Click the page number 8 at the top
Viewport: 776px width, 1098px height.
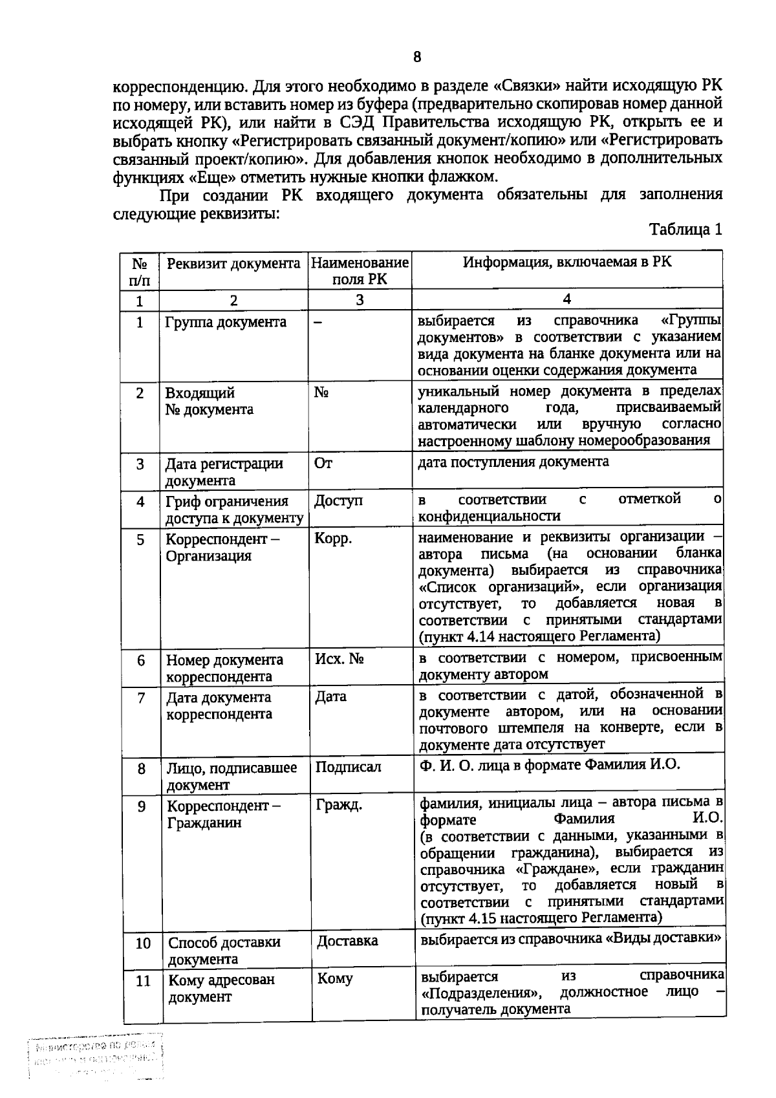(x=417, y=57)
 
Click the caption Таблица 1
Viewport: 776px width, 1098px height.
(x=685, y=230)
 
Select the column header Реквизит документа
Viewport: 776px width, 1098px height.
(x=233, y=263)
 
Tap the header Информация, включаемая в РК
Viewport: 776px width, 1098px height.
(x=567, y=261)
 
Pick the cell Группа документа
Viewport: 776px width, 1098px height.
(x=226, y=322)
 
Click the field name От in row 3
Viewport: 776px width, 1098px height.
(x=323, y=463)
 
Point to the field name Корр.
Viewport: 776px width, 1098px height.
(x=333, y=539)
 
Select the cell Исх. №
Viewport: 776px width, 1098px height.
(x=339, y=659)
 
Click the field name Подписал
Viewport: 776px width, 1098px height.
(x=348, y=767)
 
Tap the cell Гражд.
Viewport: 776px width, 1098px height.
(x=339, y=805)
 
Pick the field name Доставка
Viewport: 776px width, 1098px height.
(x=347, y=941)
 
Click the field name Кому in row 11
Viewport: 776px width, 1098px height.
(x=335, y=978)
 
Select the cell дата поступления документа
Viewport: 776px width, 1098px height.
(x=513, y=462)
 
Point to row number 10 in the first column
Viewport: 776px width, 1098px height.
(x=143, y=943)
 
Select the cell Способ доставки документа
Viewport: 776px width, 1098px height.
(x=224, y=950)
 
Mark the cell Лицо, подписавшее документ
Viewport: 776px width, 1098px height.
(x=232, y=776)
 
